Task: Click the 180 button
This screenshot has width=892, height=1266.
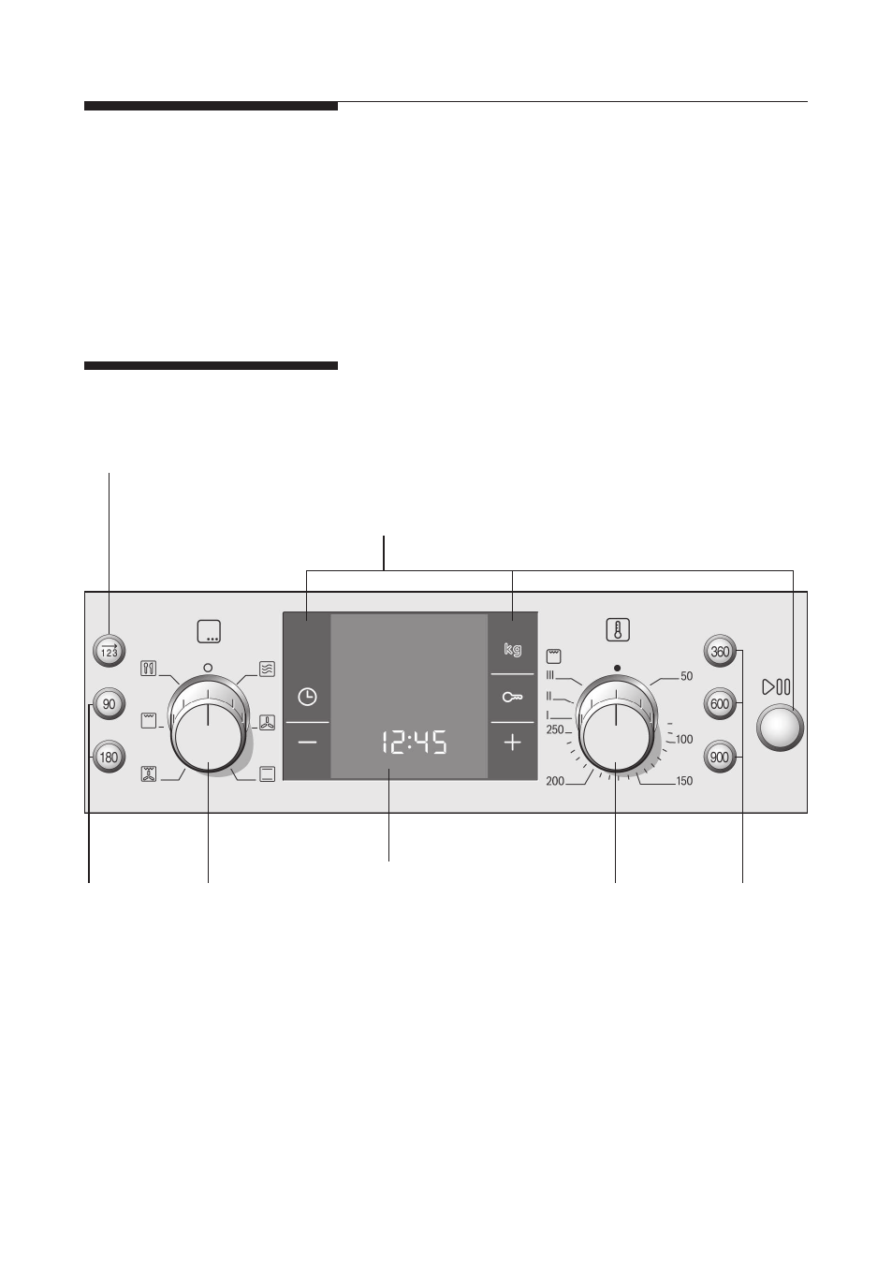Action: [x=109, y=757]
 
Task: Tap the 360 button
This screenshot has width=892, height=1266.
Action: [x=720, y=651]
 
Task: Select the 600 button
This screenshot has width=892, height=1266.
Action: [x=720, y=703]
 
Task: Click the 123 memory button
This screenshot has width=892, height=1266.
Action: [x=109, y=651]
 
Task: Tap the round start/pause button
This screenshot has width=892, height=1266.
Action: [x=780, y=728]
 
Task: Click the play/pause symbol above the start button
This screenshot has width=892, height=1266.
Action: [x=776, y=686]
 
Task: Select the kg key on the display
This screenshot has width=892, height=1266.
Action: [x=512, y=649]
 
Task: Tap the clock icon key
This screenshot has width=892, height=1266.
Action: [x=307, y=697]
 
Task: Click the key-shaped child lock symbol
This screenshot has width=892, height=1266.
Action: [x=512, y=698]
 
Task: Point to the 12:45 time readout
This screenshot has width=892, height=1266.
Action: [x=414, y=742]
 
